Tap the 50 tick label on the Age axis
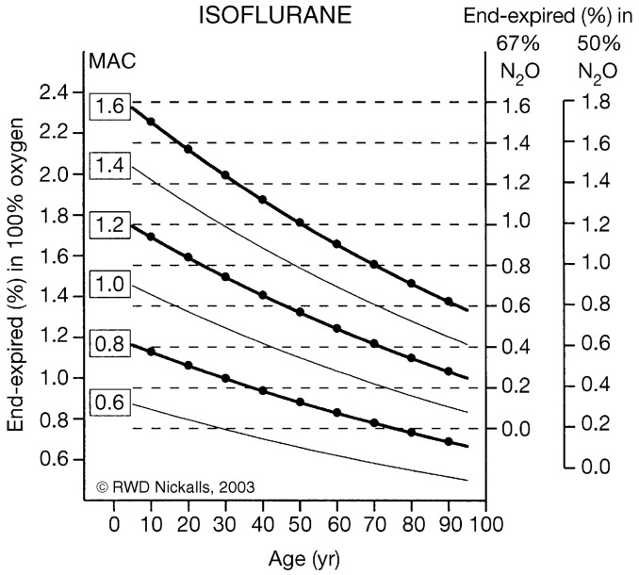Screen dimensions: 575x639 [x=299, y=525]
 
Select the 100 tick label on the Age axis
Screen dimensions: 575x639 [x=484, y=525]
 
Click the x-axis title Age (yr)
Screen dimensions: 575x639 [x=299, y=557]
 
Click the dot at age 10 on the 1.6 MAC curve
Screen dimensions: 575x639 [x=151, y=122]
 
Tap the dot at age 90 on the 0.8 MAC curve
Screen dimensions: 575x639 [x=449, y=442]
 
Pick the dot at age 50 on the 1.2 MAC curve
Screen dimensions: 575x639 [x=300, y=312]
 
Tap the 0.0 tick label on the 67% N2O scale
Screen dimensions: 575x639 [x=515, y=429]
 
